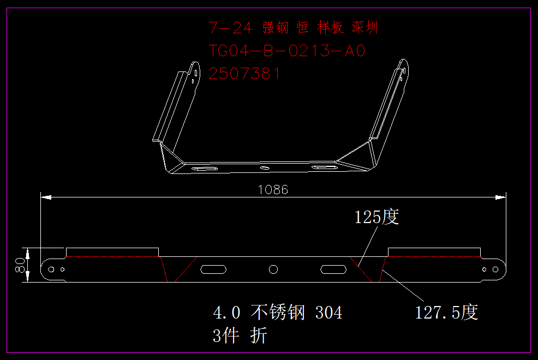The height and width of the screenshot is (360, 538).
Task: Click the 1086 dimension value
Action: tap(273, 190)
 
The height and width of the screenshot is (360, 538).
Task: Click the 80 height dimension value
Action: tap(20, 265)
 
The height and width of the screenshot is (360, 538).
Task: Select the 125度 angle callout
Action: tap(376, 217)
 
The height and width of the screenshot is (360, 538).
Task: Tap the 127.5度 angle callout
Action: tap(446, 313)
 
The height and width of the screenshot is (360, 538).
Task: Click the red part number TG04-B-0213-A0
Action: tap(287, 51)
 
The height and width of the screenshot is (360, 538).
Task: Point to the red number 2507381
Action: tap(244, 74)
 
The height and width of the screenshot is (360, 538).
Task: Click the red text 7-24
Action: tap(231, 28)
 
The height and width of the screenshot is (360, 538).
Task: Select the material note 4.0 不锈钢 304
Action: tap(278, 313)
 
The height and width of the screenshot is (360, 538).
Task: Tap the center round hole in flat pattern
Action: tap(273, 269)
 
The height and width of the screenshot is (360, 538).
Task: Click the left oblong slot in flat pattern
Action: tap(213, 269)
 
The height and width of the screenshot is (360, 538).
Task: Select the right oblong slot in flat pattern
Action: tap(333, 269)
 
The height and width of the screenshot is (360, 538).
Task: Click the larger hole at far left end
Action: tap(51, 269)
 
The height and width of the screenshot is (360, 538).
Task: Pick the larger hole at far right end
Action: tap(495, 269)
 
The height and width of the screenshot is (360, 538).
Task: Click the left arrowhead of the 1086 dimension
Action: tap(46, 197)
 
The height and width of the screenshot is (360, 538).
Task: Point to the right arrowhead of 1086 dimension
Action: tap(500, 197)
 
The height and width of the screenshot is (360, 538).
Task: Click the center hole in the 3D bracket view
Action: tap(265, 167)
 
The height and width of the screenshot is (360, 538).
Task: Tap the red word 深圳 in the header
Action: tap(364, 27)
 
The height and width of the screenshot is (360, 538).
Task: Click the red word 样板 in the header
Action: tap(330, 27)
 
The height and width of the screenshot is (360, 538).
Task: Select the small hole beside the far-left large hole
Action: tap(62, 269)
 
